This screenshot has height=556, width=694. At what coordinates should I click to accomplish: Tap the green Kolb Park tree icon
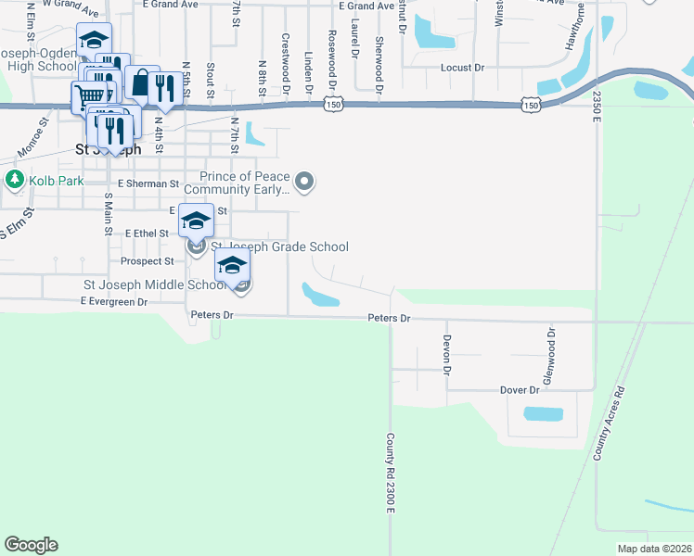[14, 178]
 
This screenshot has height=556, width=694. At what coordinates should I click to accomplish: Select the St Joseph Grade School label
[280, 246]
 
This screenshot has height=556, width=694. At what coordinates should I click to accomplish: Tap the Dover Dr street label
[519, 390]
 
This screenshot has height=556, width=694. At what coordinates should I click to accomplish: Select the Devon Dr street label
[446, 354]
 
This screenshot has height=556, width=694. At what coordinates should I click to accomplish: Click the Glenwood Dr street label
[549, 356]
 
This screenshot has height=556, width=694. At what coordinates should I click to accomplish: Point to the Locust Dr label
[463, 68]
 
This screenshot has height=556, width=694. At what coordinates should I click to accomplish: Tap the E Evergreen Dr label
[114, 302]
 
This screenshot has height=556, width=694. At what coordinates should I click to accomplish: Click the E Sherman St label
[148, 183]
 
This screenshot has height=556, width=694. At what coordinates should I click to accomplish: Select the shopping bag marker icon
[140, 82]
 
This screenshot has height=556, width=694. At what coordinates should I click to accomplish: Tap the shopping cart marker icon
[90, 95]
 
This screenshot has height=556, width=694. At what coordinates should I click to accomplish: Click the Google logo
[31, 545]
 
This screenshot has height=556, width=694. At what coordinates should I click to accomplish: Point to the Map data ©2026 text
[653, 549]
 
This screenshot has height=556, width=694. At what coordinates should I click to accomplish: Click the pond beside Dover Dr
[544, 414]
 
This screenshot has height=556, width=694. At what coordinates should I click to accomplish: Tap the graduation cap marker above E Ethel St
[196, 221]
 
